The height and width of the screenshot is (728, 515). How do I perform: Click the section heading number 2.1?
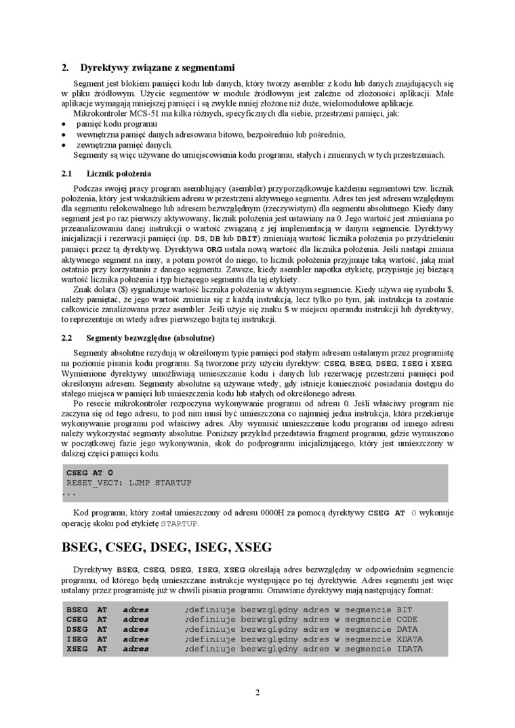click(x=66, y=173)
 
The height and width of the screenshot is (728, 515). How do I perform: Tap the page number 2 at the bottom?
click(x=257, y=691)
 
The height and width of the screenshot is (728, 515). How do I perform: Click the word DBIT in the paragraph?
click(x=246, y=239)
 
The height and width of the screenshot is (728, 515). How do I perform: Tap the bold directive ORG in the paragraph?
click(x=214, y=249)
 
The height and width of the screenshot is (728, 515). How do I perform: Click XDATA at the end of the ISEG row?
click(x=409, y=639)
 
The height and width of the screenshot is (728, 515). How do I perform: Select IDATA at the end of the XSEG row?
click(x=409, y=649)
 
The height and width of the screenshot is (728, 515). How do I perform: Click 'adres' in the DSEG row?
click(x=136, y=629)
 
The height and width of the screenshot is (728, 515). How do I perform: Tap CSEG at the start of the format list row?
click(x=77, y=619)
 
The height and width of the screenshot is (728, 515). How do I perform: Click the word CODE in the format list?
click(x=407, y=619)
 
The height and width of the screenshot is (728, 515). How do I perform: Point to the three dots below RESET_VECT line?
click(x=68, y=494)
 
